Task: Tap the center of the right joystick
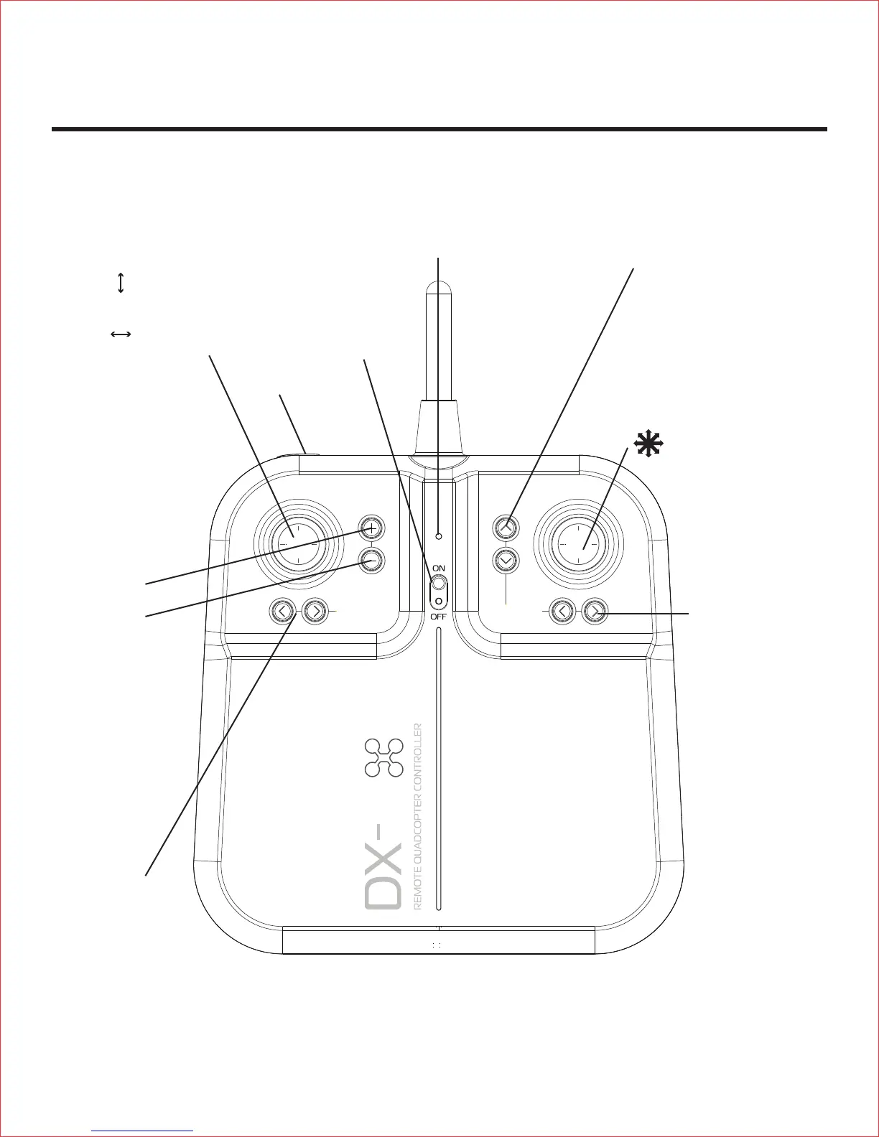[579, 544]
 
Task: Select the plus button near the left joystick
[371, 529]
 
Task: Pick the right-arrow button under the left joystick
[315, 612]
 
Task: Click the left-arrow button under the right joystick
[562, 612]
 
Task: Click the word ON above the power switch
[438, 568]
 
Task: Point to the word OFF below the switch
[438, 616]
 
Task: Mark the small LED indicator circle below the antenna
[439, 535]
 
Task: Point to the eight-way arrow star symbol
[647, 446]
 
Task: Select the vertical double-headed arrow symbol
[121, 282]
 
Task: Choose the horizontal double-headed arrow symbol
[121, 334]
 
